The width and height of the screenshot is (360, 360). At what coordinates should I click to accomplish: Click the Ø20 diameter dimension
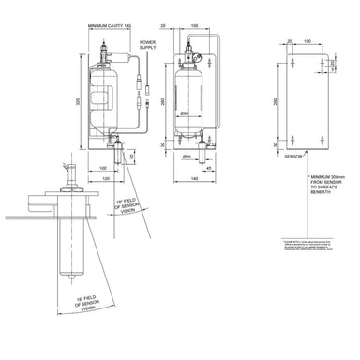pyautogui.click(x=187, y=156)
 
